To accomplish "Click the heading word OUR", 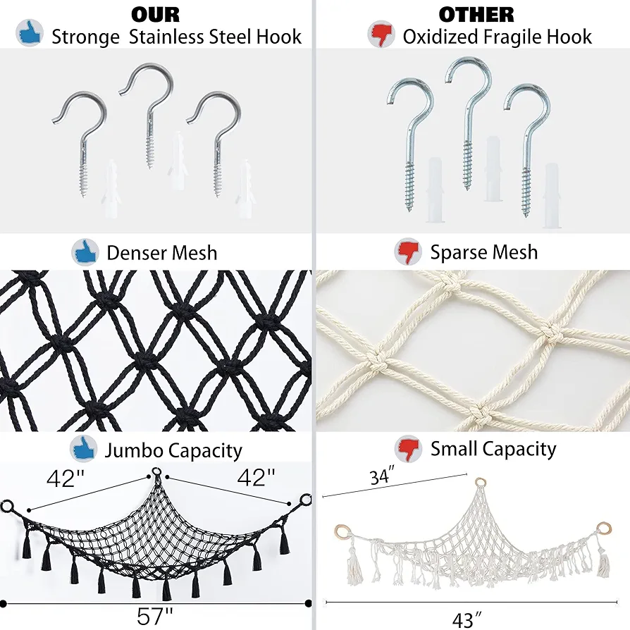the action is (x=155, y=15).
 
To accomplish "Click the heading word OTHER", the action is (x=476, y=15).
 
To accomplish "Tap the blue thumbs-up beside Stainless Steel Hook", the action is (x=30, y=32).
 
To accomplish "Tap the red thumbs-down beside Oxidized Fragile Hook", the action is (x=381, y=34).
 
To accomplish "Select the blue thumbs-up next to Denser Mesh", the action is (x=85, y=252).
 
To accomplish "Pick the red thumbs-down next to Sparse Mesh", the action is (x=408, y=252).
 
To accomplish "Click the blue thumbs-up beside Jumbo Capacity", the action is (x=84, y=449).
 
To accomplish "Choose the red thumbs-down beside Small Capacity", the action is (x=408, y=449).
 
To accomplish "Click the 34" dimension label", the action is (x=382, y=476).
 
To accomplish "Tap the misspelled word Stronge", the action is (x=85, y=37).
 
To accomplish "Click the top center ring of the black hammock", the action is (x=156, y=472).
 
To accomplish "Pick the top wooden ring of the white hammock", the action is (x=480, y=482).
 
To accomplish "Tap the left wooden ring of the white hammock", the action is (x=342, y=532).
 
